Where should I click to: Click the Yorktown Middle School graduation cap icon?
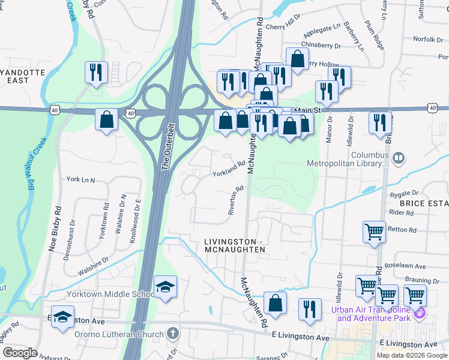165,287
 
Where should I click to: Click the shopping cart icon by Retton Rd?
374,231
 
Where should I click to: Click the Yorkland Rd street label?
229,168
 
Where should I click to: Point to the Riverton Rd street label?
235,200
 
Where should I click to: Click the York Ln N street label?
81,179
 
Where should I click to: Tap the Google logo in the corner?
20,353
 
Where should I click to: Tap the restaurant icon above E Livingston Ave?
310,309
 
